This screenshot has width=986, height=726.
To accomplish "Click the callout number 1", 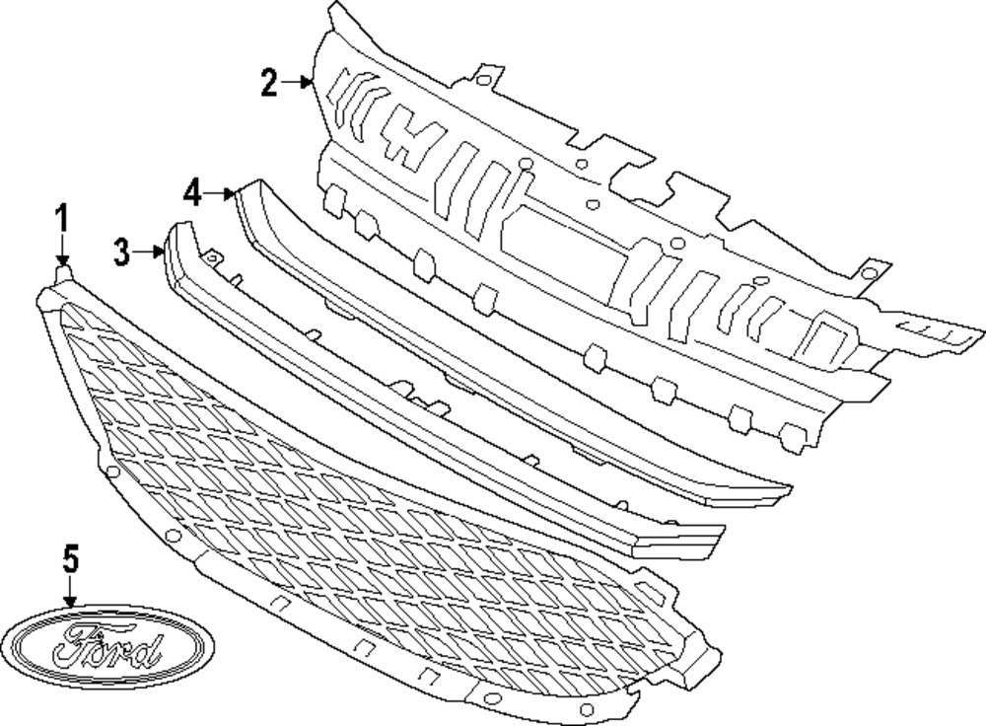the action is coord(61,217).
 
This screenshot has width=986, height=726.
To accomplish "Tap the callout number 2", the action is coord(269,84).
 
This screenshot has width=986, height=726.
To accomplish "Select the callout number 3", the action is coord(121,253).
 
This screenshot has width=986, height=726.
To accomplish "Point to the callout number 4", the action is coord(192,192).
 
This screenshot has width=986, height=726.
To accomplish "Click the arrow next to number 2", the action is coord(296,84).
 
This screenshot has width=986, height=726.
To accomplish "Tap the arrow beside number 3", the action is coord(148,253).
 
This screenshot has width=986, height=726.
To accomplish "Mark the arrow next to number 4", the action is coord(219,192).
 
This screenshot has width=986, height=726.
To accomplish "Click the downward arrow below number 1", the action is coord(61,247).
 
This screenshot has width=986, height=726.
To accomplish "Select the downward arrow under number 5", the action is coord(69,592).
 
